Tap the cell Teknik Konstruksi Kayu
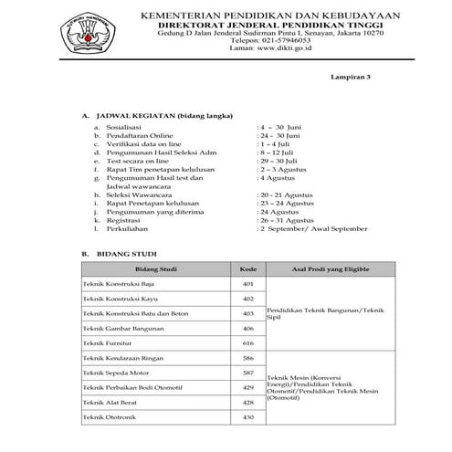[x=124, y=299]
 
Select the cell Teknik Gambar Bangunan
[x=127, y=328]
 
